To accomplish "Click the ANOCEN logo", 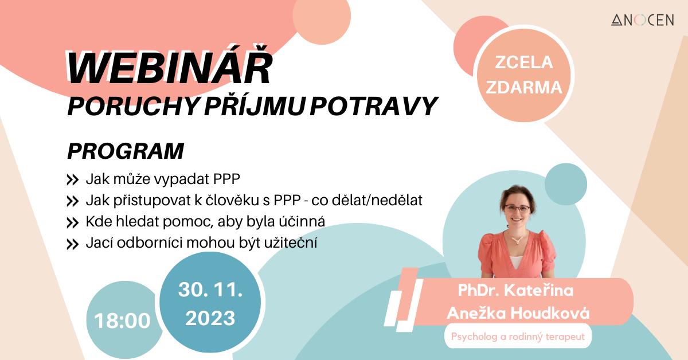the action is point(642,20).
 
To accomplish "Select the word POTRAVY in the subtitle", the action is point(373,106).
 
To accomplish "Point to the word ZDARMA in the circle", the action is point(523,87).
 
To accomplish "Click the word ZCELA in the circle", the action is point(523,62).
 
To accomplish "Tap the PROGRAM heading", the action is point(126,151).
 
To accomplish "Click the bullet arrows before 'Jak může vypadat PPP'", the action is point(72,180).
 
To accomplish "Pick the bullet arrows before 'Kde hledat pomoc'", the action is point(72,222).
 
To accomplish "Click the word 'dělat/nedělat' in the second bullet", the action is point(367,200).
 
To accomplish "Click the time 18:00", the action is point(122,320).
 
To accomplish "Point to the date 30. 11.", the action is point(210,289).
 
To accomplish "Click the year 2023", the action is point(210,318).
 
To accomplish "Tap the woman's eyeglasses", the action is point(517,209).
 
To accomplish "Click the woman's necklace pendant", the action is point(518,241).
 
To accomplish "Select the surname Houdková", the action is point(550,314).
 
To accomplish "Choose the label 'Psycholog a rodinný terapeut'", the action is point(518,336).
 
